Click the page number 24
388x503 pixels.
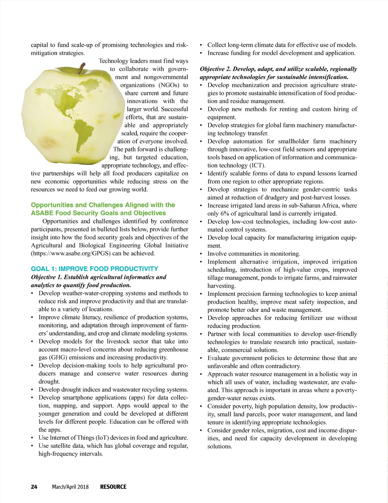[34, 487]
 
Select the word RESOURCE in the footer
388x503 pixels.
[113, 487]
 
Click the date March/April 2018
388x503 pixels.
[70, 487]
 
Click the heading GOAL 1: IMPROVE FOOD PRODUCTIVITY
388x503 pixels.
[94, 269]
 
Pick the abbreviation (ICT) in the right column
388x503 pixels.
[255, 165]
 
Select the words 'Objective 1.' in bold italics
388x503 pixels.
[46, 277]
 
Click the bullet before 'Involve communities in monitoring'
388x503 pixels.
[201, 254]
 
